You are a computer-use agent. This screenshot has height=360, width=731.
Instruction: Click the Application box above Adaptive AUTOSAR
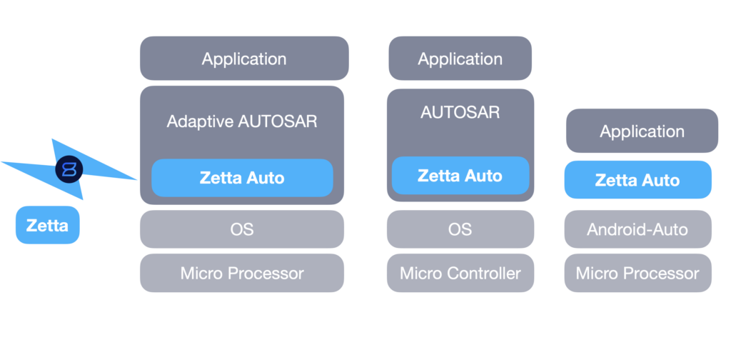click(x=244, y=59)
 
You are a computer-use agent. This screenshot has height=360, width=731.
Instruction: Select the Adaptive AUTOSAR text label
click(x=242, y=121)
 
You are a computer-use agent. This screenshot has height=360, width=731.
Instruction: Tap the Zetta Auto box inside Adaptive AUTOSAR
click(x=242, y=178)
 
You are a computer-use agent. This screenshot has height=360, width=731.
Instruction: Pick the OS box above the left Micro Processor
click(x=242, y=229)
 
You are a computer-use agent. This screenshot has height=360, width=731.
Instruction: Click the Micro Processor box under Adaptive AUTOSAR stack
click(x=242, y=273)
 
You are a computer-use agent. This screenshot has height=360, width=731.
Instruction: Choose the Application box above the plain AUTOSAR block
click(x=460, y=59)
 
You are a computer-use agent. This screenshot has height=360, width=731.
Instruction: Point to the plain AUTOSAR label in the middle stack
click(x=460, y=112)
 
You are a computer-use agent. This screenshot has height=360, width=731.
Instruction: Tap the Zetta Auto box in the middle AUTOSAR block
click(x=460, y=176)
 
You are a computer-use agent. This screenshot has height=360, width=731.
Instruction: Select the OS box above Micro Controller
click(x=460, y=229)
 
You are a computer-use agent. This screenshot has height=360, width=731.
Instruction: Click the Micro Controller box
click(x=460, y=273)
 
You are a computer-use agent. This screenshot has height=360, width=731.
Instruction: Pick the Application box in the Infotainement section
click(x=642, y=131)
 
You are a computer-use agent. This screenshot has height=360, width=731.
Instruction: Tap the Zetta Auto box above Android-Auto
click(x=637, y=180)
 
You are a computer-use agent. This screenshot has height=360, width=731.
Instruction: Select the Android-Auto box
click(x=637, y=229)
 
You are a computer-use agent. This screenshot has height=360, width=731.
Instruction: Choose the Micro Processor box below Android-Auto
click(x=637, y=273)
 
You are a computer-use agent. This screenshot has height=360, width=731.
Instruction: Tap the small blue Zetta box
click(x=47, y=226)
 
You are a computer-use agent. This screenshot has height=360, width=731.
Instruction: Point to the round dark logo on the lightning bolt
click(x=69, y=169)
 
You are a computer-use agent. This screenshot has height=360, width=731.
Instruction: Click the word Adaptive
click(x=200, y=121)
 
